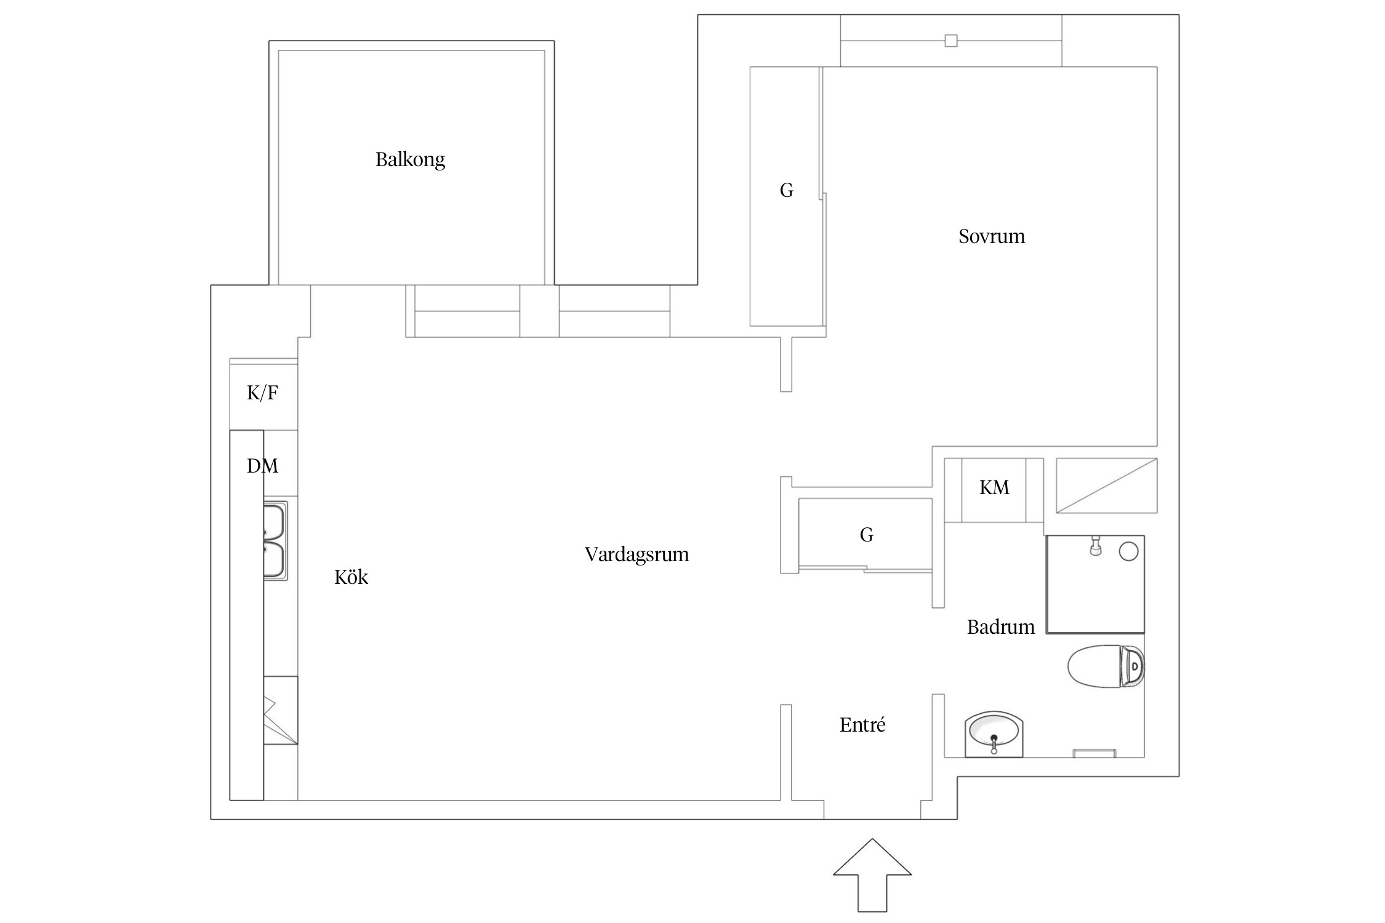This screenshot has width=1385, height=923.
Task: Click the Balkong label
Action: [410, 160]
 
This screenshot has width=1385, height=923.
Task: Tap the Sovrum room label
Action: [992, 236]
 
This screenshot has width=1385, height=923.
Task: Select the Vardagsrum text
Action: [636, 555]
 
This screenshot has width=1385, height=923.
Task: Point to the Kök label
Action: [351, 577]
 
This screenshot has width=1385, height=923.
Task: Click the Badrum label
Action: [1001, 627]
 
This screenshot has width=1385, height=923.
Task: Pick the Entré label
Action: [862, 725]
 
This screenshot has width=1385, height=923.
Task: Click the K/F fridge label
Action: [262, 393]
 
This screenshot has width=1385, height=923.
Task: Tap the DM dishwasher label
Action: [262, 466]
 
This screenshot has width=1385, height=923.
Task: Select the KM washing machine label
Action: [994, 487]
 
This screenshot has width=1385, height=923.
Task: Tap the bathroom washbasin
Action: [994, 734]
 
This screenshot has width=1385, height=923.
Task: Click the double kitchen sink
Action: [275, 541]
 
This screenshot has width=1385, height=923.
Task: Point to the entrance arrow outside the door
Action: [872, 874]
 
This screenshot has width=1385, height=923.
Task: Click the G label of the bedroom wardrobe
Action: [786, 191]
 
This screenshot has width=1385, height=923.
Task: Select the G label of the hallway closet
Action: [866, 535]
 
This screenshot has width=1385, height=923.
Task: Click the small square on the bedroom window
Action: [951, 41]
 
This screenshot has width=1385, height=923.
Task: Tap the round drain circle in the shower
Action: [1128, 551]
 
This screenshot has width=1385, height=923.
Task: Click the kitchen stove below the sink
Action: [281, 711]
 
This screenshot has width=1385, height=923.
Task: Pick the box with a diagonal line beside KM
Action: [1107, 485]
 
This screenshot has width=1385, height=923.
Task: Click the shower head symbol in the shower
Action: [1095, 546]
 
